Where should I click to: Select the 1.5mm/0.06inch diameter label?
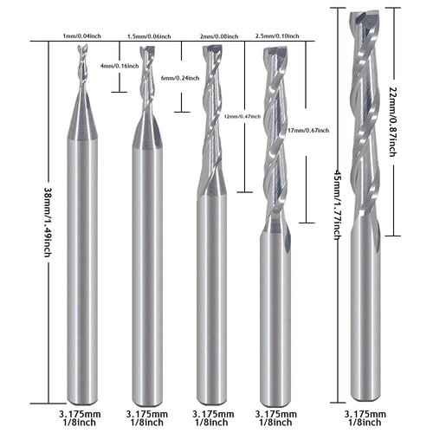click(x=148, y=36)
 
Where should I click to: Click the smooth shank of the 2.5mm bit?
click(x=275, y=303)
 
